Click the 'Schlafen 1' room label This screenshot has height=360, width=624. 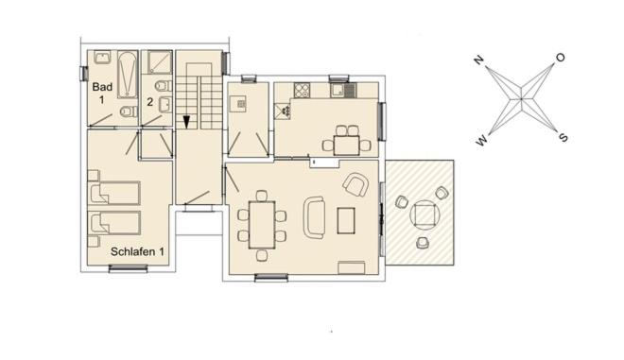pyautogui.click(x=137, y=251)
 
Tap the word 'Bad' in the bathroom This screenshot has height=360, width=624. pyautogui.click(x=102, y=87)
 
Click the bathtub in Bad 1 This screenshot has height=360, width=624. pyautogui.click(x=128, y=75)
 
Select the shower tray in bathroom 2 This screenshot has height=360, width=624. pyautogui.click(x=160, y=62)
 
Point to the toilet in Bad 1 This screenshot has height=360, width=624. pyautogui.click(x=129, y=111)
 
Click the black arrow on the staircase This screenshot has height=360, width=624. pyautogui.click(x=186, y=122)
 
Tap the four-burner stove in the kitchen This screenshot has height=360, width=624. pyautogui.click(x=302, y=90)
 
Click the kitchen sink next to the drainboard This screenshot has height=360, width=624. pyautogui.click(x=338, y=91)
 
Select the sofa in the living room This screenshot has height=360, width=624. pyautogui.click(x=315, y=217)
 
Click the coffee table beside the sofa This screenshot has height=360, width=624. pyautogui.click(x=346, y=220)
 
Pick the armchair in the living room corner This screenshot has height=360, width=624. pyautogui.click(x=355, y=184)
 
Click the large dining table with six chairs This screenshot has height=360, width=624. pyautogui.click(x=262, y=225)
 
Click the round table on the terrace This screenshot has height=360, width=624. pyautogui.click(x=425, y=214)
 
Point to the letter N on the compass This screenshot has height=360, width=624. pyautogui.click(x=478, y=60)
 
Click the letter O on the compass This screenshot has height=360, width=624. pyautogui.click(x=561, y=58)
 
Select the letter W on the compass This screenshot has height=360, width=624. pyautogui.click(x=481, y=141)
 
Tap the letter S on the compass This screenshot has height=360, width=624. pyautogui.click(x=563, y=138)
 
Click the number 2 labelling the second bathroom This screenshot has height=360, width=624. pyautogui.click(x=149, y=102)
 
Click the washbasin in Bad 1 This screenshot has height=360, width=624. pyautogui.click(x=103, y=57)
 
